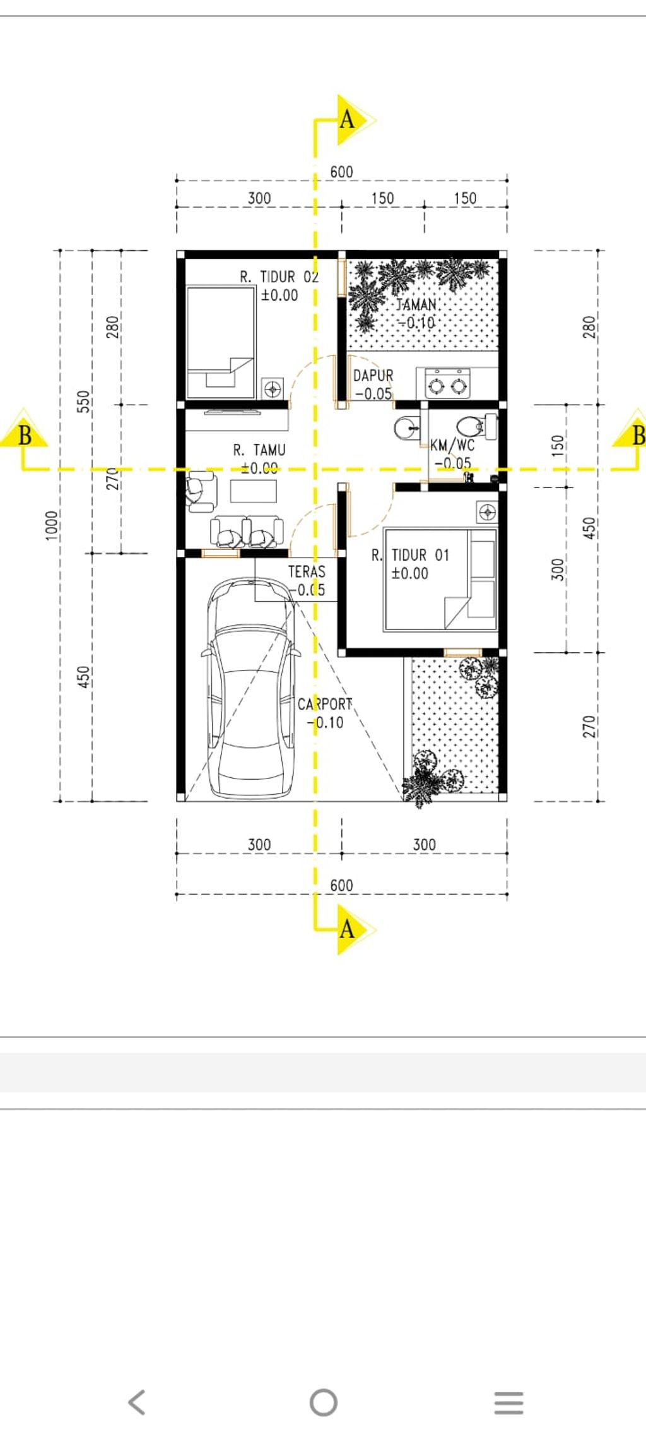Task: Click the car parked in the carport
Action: click(251, 688)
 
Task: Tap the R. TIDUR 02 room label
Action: click(279, 277)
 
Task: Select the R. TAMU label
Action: click(259, 450)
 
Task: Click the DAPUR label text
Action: click(373, 376)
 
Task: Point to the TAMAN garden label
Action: click(416, 304)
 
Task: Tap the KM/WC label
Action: click(452, 445)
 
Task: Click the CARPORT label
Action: click(325, 704)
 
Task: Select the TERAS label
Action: click(307, 572)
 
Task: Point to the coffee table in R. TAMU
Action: click(254, 491)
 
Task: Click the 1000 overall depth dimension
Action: click(52, 525)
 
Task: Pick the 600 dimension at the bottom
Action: click(342, 885)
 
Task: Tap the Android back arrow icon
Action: click(137, 1402)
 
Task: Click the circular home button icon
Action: click(324, 1402)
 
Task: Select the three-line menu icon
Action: click(509, 1402)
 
